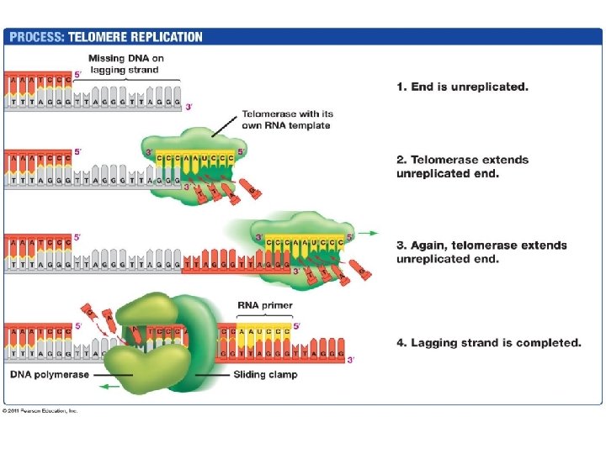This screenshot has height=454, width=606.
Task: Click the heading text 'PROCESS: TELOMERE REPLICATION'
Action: pyautogui.click(x=105, y=37)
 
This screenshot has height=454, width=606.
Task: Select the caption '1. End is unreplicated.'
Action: pyautogui.click(x=462, y=87)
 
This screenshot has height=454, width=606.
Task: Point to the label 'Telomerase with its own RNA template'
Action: pyautogui.click(x=285, y=119)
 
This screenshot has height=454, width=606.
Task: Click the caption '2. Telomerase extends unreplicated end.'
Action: pyautogui.click(x=462, y=166)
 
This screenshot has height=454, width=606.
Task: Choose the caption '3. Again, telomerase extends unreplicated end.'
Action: pyautogui.click(x=481, y=251)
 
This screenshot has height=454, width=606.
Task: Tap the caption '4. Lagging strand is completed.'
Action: pyautogui.click(x=488, y=342)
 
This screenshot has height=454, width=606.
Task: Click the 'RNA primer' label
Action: pyautogui.click(x=264, y=306)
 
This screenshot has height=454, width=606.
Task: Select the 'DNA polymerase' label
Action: pyautogui.click(x=49, y=374)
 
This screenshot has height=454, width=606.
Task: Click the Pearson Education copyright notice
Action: pyautogui.click(x=40, y=410)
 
